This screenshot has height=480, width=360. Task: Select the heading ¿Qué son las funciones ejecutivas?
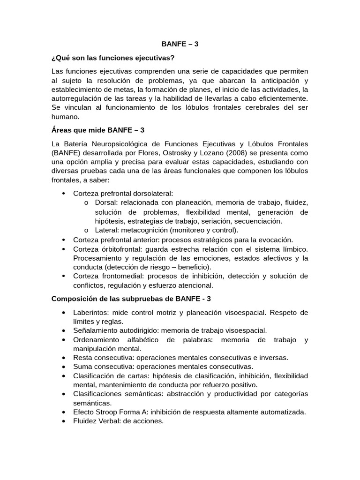(112, 58)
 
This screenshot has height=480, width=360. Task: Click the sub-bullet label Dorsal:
(106, 202)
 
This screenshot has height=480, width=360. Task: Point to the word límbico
(293, 248)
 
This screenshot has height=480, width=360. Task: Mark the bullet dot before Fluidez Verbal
(63, 421)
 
